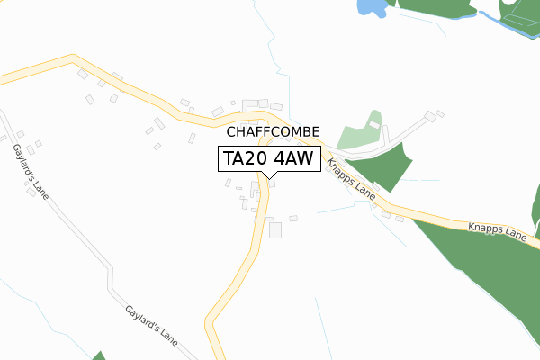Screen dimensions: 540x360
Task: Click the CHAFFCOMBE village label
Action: (273, 131)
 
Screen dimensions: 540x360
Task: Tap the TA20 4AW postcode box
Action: (267, 159)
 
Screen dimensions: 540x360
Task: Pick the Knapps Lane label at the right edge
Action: (497, 231)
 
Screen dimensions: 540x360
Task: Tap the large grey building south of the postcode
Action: (275, 229)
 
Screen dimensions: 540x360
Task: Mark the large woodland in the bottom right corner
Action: (486, 288)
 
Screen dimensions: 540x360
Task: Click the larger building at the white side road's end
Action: (430, 115)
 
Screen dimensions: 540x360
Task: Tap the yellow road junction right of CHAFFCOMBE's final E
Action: (325, 144)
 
